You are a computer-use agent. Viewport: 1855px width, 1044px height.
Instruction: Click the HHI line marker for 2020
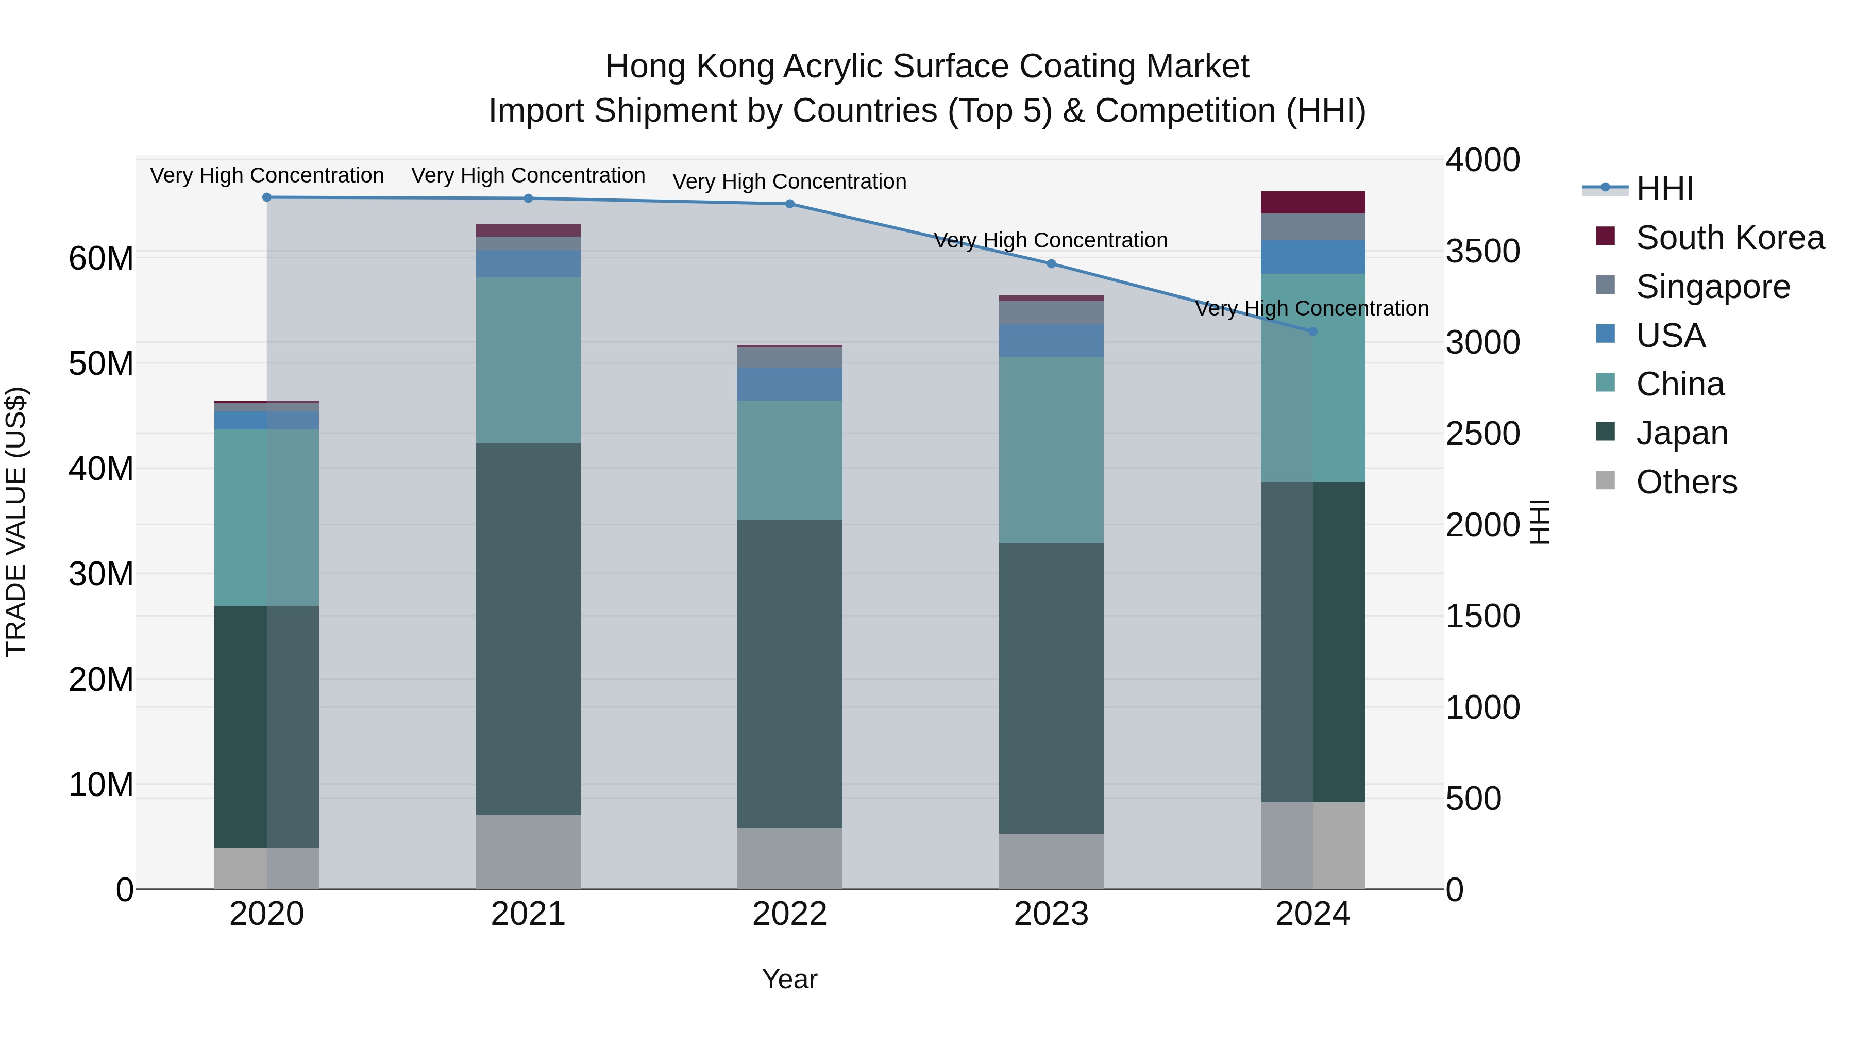266,197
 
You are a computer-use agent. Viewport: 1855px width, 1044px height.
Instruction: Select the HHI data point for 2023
1051,263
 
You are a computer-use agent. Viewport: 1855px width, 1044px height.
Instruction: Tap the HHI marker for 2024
1312,332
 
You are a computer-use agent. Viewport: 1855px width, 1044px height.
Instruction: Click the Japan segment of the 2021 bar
528,628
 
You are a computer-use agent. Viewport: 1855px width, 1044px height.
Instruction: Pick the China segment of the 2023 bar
1051,450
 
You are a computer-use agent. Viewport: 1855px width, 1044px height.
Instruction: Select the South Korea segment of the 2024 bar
1312,203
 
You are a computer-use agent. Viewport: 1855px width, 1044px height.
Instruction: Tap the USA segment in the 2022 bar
789,384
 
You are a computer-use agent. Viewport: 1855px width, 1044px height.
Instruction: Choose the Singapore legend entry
1712,287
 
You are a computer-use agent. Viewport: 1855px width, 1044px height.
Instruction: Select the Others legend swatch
1605,480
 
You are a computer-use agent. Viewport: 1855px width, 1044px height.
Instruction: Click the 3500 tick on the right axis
1482,252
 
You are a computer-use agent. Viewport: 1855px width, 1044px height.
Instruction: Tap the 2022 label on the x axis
789,914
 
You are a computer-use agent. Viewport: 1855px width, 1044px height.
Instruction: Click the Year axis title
789,979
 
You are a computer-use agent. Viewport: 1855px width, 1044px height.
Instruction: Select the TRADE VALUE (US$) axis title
16,522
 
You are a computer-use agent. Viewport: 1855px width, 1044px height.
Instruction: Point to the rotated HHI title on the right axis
1539,522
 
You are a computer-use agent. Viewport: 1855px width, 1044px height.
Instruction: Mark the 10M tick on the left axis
101,785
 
